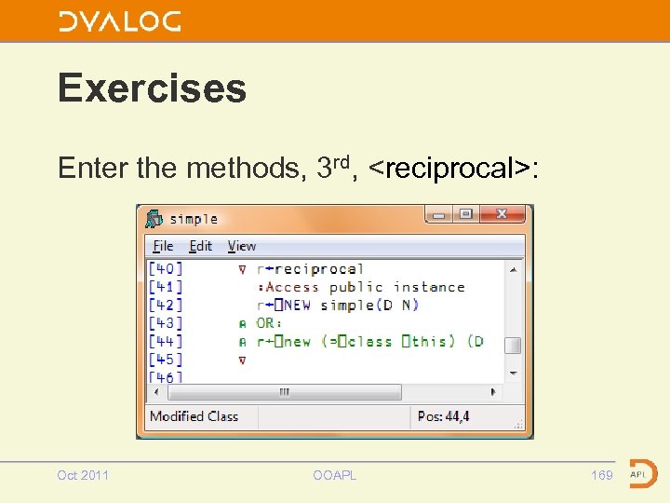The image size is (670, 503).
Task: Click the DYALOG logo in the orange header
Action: click(120, 21)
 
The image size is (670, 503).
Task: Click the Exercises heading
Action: click(152, 88)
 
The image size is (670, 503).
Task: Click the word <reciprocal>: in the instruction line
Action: click(453, 169)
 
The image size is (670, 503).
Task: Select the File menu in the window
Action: click(163, 246)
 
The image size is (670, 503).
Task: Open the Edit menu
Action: click(200, 246)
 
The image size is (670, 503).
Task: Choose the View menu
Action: click(241, 246)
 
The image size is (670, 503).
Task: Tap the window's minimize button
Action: click(439, 214)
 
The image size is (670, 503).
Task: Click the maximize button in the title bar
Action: click(466, 214)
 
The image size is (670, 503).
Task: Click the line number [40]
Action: click(166, 268)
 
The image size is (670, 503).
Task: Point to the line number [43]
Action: click(166, 323)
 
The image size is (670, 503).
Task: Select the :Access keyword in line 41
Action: click(288, 287)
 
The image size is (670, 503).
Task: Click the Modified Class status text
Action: click(194, 416)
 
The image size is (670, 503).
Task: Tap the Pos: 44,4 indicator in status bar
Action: click(444, 416)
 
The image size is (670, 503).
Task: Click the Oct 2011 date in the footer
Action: click(83, 475)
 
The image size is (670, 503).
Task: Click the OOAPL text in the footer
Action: click(334, 475)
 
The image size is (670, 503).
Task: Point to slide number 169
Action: click(602, 475)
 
